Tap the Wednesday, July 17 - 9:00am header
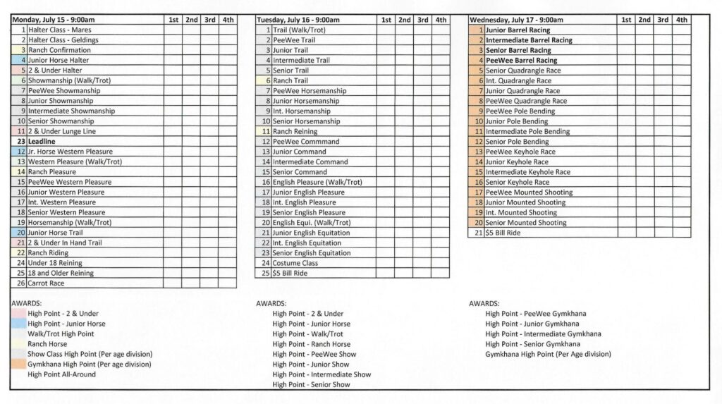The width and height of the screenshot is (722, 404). pos(516,20)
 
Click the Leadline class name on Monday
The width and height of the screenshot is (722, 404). pos(42,142)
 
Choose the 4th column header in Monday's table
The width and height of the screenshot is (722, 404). pos(228,20)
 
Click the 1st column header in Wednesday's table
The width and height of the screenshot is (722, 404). pos(626,20)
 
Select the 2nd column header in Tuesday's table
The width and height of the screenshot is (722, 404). pos(405,20)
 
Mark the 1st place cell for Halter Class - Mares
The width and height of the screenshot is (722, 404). pos(173,30)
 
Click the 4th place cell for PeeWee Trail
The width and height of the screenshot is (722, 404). pos(440,40)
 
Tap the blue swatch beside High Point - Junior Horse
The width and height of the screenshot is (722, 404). pos(19,324)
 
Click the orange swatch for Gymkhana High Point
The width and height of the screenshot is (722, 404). pos(19,365)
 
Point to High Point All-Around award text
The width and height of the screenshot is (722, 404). pos(61,374)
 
